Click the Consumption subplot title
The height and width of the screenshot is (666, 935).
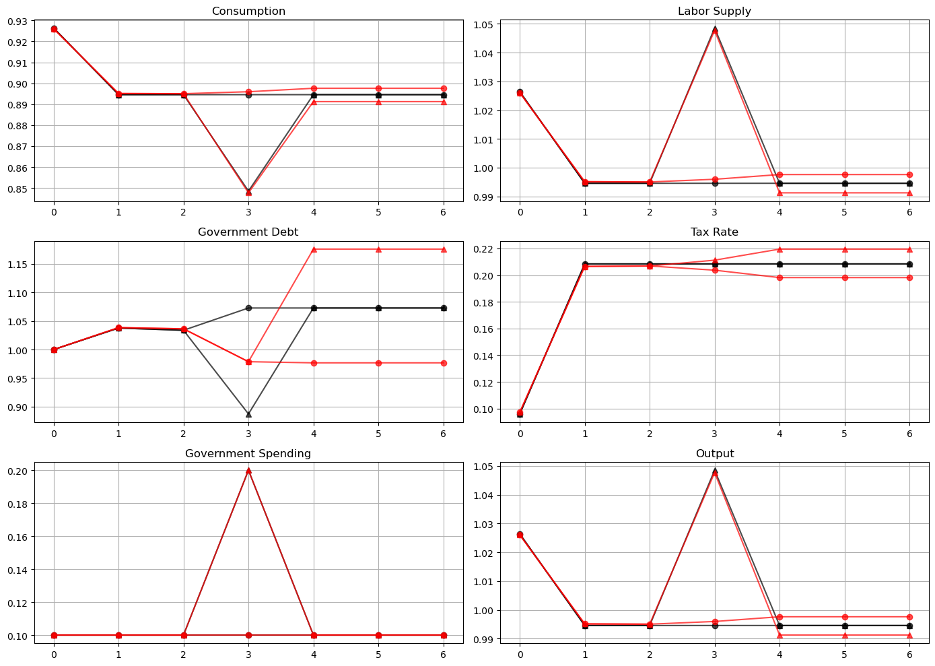click(x=248, y=11)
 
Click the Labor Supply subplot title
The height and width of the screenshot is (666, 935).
click(x=714, y=11)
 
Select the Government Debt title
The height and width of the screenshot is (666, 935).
click(x=248, y=232)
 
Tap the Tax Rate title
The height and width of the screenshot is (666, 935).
click(x=714, y=232)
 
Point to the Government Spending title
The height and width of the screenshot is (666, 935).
click(x=248, y=454)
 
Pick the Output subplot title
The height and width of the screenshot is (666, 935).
click(x=714, y=454)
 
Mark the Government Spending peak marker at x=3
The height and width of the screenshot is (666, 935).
click(x=248, y=471)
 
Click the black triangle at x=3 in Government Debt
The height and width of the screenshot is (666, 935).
click(x=248, y=414)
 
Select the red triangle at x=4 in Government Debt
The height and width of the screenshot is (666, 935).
click(x=314, y=250)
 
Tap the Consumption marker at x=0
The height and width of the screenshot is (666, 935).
click(x=54, y=29)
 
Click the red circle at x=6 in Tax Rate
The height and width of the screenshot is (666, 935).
click(x=909, y=277)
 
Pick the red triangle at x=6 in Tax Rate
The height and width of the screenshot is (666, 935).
click(x=909, y=249)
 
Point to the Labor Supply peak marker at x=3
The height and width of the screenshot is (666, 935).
click(x=715, y=30)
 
